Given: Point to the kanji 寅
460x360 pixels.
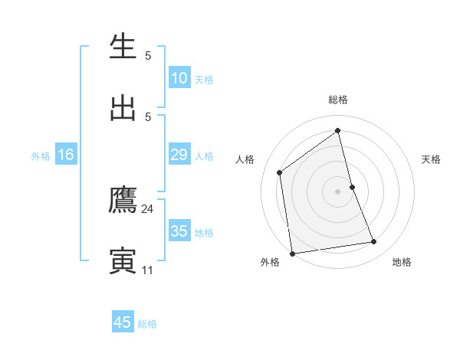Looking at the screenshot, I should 123,260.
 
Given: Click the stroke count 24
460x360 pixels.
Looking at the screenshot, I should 147,208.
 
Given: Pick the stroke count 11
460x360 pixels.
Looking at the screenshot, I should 147,270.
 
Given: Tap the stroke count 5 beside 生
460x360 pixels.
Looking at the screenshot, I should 148,56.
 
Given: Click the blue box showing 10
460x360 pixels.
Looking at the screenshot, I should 179,78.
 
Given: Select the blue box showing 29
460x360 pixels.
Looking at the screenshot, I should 179,155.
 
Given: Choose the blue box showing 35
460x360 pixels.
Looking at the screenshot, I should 179,231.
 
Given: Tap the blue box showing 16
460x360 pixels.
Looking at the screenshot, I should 66,155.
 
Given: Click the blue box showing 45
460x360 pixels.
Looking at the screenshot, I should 123,322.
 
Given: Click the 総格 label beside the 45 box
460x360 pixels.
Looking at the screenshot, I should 147,324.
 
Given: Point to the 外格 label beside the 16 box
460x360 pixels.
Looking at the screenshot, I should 41,156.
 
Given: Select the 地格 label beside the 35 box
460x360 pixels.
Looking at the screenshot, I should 204,233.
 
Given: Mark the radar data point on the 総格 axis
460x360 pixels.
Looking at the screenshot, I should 338,131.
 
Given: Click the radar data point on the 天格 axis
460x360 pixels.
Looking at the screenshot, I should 352,186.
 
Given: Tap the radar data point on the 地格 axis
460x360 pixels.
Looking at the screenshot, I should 374,242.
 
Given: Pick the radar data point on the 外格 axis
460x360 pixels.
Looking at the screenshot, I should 292,253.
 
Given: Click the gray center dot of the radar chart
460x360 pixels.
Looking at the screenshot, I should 338,191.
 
